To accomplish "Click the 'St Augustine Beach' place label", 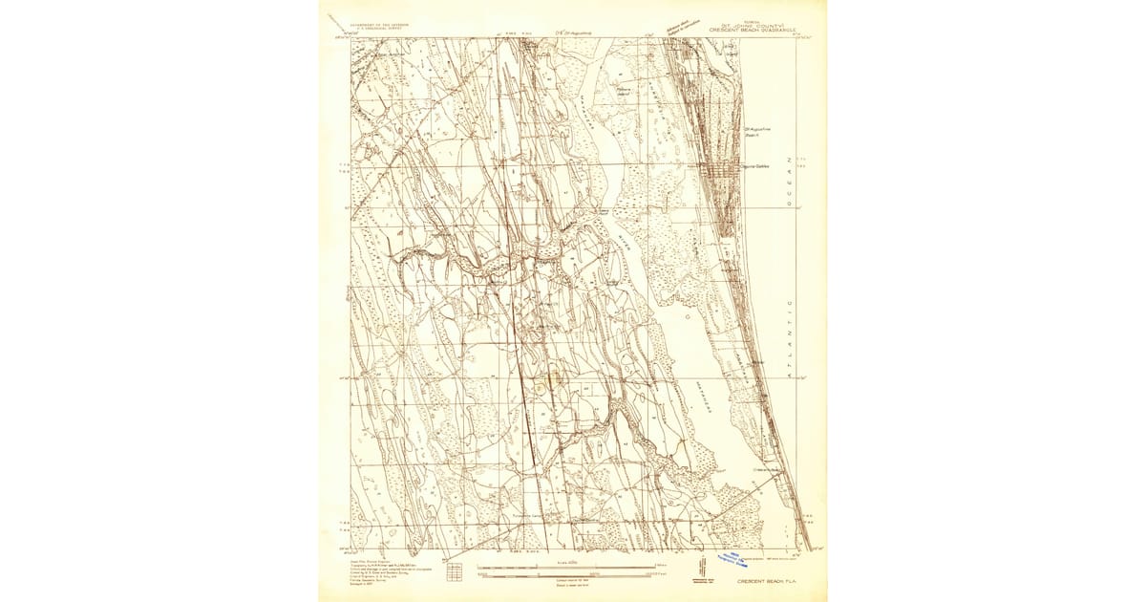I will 757,131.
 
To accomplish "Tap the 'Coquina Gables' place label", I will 757,165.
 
